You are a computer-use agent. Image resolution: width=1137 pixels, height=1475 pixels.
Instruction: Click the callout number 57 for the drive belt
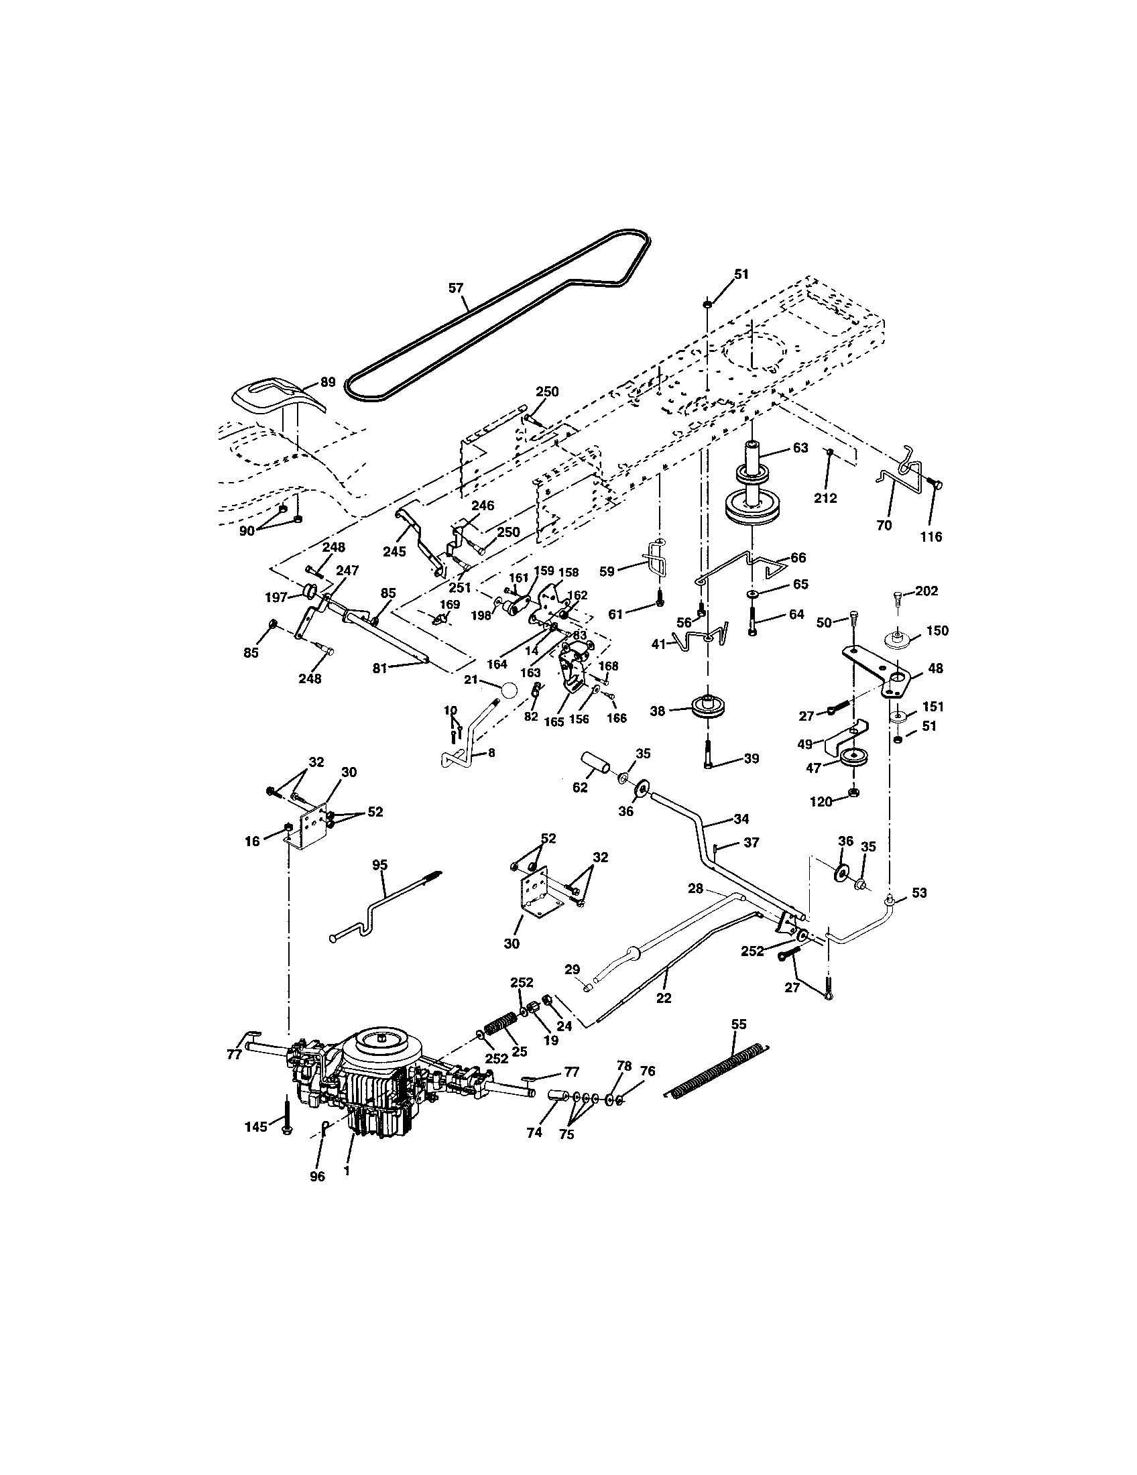[457, 288]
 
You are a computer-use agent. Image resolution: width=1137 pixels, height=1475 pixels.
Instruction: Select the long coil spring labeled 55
[717, 1070]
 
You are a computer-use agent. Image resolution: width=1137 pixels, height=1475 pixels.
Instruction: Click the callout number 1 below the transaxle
[347, 1172]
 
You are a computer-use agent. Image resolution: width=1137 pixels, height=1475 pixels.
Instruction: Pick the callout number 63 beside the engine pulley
[800, 448]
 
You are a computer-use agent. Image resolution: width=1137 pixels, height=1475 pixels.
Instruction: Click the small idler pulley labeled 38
[705, 709]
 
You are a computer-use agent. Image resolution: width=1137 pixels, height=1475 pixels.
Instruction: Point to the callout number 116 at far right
[931, 537]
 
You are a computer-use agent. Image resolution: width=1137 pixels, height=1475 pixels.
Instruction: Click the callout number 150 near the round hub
[937, 631]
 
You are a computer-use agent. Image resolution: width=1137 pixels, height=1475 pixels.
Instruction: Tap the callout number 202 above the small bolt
[927, 591]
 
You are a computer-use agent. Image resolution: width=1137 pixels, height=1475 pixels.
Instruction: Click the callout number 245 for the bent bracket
[394, 551]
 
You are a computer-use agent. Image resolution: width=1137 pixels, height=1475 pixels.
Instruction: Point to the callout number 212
[825, 498]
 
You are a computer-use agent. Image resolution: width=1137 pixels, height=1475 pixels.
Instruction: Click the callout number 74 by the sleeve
[534, 1132]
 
